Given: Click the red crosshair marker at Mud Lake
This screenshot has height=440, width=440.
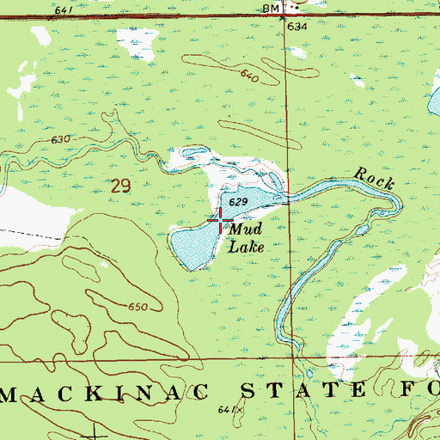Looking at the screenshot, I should tap(221, 222).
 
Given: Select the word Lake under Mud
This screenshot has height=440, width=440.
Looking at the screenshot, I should tap(247, 246).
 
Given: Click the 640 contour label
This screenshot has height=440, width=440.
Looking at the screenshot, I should tap(249, 76).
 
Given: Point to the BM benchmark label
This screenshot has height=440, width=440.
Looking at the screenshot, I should tap(272, 9).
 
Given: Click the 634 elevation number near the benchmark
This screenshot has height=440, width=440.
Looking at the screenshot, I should tap(297, 27).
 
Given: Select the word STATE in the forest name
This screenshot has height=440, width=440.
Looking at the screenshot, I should tap(287, 389).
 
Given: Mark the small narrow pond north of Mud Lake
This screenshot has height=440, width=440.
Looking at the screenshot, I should tap(192, 156).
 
